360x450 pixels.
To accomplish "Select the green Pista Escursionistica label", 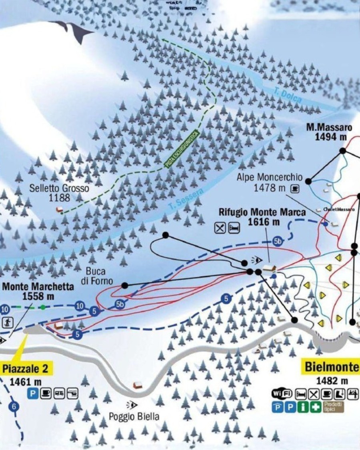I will [x=181, y=149].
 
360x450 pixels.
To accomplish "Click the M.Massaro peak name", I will [x=329, y=128].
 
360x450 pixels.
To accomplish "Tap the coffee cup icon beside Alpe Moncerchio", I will [x=295, y=187].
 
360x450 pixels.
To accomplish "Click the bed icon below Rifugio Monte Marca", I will [x=234, y=228].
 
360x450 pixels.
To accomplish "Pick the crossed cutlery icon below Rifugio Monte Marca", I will [x=220, y=228].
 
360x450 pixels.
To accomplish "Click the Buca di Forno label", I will [x=97, y=276].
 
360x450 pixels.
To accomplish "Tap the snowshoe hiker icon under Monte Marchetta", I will [x=8, y=322].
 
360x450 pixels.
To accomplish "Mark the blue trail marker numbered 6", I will [x=14, y=407].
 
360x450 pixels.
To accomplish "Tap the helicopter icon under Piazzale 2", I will [x=72, y=394].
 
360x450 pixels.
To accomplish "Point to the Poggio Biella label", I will [x=134, y=416].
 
